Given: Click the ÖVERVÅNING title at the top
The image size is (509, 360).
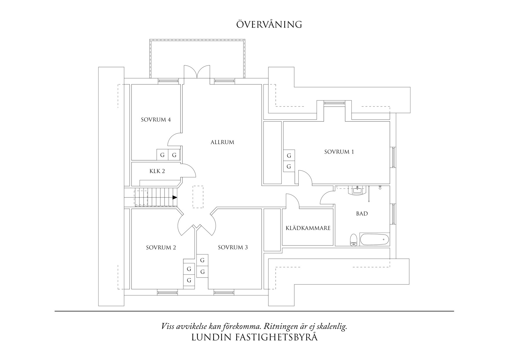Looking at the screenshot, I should click(x=269, y=24).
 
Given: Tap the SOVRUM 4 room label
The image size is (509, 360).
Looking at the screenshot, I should click(x=156, y=120).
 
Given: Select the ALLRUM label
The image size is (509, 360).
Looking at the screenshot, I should click(x=222, y=142).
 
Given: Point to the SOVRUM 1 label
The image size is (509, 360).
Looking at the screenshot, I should click(x=339, y=152).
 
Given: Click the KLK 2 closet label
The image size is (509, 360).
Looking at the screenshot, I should click(x=157, y=171).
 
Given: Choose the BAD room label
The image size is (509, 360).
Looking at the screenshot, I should click(x=362, y=214).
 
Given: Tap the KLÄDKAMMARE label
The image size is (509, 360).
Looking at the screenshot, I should click(x=308, y=228).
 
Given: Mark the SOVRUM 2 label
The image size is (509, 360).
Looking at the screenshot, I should click(x=161, y=248).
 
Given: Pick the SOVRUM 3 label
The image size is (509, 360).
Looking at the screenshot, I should click(x=233, y=247).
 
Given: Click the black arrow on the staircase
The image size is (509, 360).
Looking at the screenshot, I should click(x=175, y=197).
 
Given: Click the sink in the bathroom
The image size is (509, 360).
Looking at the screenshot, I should click(x=358, y=190).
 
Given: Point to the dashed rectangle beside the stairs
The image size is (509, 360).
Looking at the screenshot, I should click(x=198, y=197).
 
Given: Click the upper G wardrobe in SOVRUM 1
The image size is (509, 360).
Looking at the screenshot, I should click(x=289, y=156).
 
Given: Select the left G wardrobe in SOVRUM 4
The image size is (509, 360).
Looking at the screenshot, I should click(x=162, y=155).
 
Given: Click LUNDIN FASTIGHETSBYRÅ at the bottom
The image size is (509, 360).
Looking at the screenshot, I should click(x=255, y=337).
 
